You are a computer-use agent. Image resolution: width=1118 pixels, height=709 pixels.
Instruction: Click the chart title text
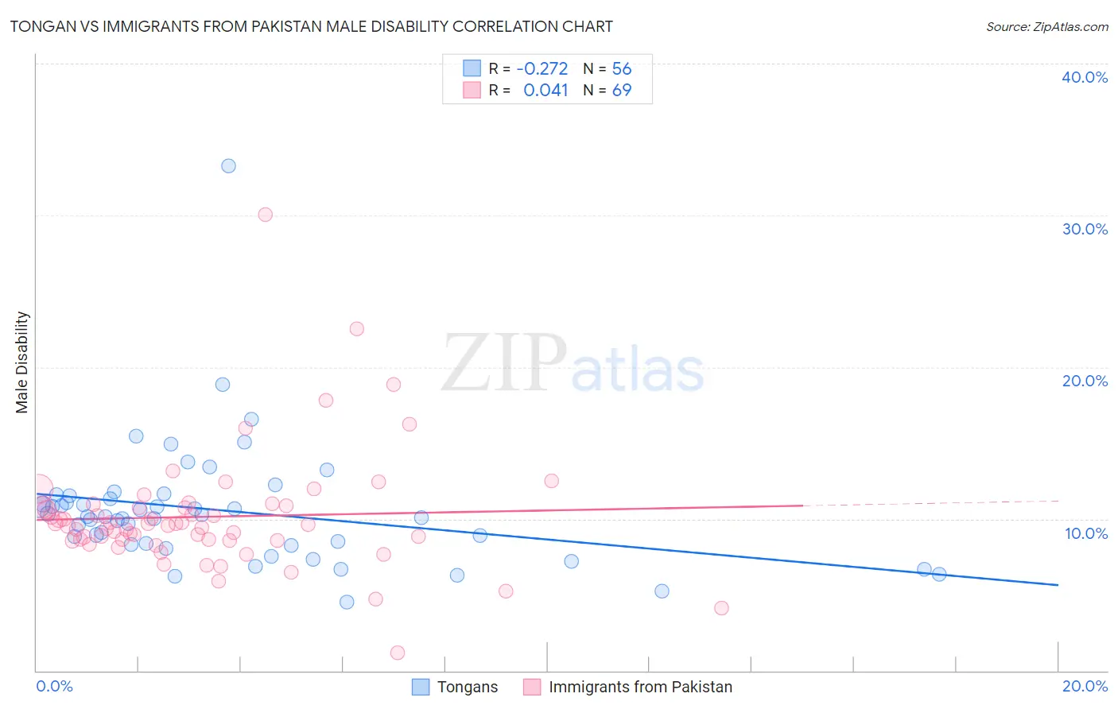pos(311,26)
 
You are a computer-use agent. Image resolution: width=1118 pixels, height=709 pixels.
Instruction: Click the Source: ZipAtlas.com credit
pos(1046,27)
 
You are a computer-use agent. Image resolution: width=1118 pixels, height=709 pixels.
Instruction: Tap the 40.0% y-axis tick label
pos(1085,77)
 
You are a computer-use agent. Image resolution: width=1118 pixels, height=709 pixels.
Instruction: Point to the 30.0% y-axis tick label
pos(1085,229)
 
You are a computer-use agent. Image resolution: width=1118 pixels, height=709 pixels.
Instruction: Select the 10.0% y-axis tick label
pos(1086,533)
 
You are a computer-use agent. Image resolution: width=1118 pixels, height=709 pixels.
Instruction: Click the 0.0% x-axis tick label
pos(54,686)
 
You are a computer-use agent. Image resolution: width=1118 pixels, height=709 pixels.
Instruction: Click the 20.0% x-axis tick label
pos(1085,686)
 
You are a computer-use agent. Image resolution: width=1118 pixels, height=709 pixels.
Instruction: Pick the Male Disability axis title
pos(22,362)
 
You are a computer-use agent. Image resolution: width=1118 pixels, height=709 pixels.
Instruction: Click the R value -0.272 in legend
pos(542,69)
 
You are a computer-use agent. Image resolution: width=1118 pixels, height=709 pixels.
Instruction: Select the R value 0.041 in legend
pos(545,91)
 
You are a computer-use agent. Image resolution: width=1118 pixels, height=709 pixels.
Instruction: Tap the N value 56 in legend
pos(621,69)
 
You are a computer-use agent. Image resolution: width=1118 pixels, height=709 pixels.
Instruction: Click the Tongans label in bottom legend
pos(468,687)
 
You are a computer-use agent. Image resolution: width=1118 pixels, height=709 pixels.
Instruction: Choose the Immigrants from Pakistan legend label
pos(640,687)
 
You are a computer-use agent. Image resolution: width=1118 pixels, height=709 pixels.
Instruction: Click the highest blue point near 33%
pos(228,166)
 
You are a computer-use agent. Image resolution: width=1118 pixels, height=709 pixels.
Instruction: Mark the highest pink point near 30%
pos(266,215)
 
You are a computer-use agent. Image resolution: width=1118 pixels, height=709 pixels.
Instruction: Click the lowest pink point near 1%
pos(398,653)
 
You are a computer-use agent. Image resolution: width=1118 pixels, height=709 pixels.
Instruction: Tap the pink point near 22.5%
pos(357,329)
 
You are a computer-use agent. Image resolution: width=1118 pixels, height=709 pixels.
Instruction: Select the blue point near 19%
pos(223,385)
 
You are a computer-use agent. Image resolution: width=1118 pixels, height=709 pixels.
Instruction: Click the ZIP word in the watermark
pos(504,363)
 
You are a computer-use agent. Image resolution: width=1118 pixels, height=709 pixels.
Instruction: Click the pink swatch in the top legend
pos(472,90)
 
